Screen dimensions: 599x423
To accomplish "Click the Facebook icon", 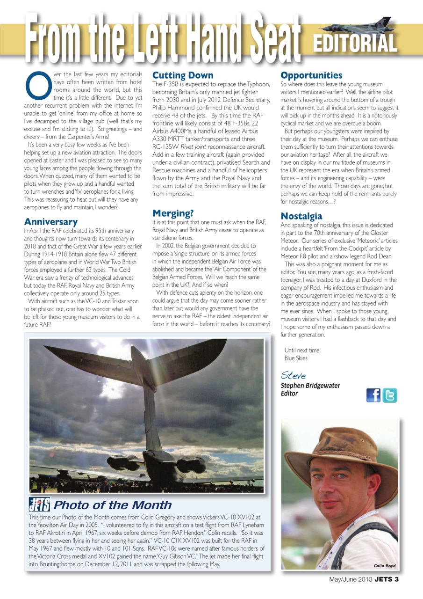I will click(x=373, y=395).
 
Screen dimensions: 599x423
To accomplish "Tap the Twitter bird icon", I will click(x=390, y=395).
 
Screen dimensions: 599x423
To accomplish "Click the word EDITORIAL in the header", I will click(x=355, y=44).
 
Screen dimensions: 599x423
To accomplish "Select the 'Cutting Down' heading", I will click(x=183, y=75).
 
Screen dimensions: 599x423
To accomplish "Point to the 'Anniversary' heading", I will click(x=50, y=222).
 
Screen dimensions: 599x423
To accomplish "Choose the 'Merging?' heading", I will click(x=173, y=213).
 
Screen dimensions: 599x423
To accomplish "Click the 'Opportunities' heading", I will click(x=311, y=75).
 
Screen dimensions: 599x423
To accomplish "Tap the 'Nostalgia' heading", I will click(x=301, y=216).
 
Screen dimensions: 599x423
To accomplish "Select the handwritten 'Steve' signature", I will click(x=294, y=376).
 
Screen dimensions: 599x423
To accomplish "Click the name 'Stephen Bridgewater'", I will click(x=310, y=386).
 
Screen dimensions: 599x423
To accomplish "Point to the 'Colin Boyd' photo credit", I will click(x=385, y=566).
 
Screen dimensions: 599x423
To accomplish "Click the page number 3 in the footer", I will click(x=396, y=579).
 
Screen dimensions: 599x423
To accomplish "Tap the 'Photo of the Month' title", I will click(x=112, y=505).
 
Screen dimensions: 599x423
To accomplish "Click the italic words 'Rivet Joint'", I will click(x=197, y=147).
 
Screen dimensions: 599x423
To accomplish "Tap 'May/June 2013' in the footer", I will click(x=350, y=579).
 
